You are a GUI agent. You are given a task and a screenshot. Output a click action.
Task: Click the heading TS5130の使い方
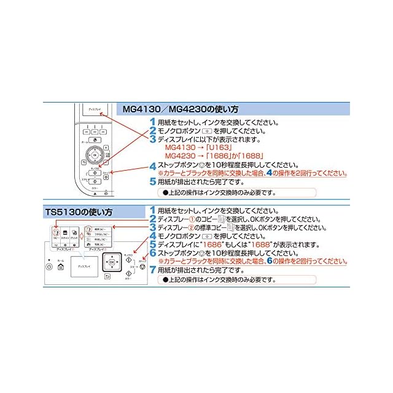coord(79,212)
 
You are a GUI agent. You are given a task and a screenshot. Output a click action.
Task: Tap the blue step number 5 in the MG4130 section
coord(153,182)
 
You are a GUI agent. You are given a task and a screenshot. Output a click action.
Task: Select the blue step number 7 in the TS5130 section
coord(153,270)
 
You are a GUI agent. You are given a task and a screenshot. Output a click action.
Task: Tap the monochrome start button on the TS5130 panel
coord(128,258)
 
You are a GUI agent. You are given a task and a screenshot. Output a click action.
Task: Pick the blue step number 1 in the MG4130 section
coord(153,122)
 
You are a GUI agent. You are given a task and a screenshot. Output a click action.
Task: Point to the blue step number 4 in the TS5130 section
coord(153,235)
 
